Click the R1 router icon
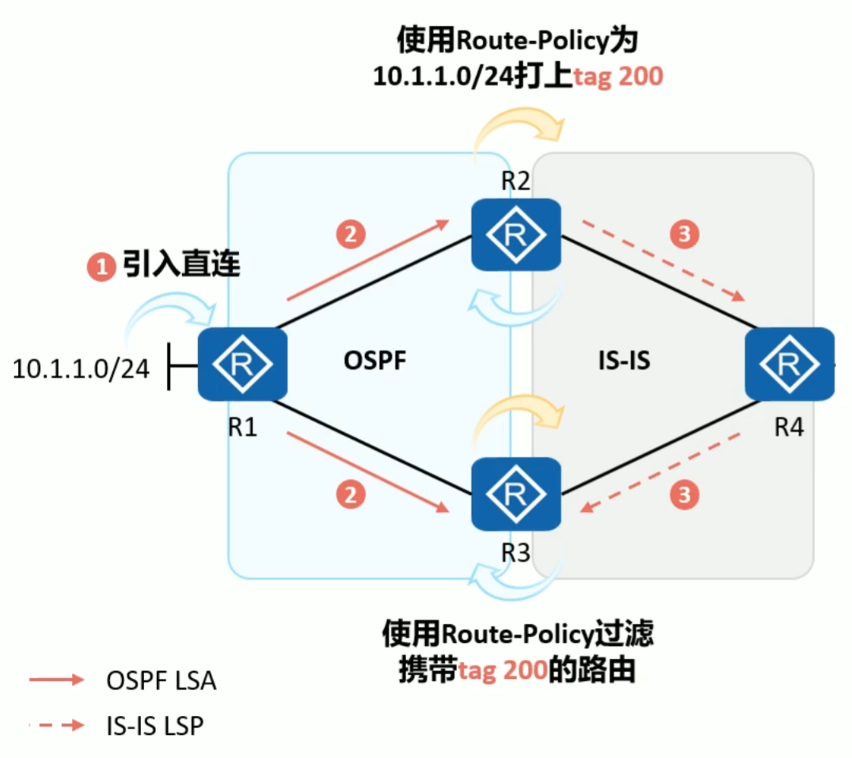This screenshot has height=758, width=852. pos(236,364)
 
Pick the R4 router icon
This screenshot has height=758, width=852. pos(789,364)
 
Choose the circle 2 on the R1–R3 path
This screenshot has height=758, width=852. pos(351,495)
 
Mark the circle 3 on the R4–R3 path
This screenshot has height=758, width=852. pos(685,495)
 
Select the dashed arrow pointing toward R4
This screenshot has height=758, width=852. pos(664,261)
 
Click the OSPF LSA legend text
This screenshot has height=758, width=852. pos(161,680)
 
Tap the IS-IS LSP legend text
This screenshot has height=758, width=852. pos(155,724)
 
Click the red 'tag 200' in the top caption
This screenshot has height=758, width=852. pos(618,77)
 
